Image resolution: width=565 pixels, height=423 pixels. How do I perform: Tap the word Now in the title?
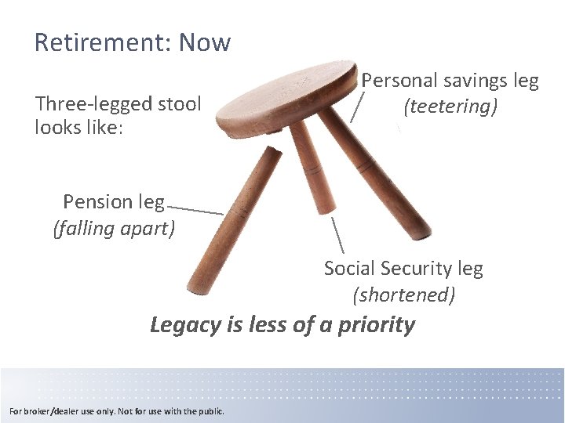(205, 42)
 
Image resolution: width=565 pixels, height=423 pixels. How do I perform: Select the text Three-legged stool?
(118, 103)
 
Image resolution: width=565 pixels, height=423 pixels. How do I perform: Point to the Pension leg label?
(114, 202)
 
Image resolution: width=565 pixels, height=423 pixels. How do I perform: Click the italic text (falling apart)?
(114, 229)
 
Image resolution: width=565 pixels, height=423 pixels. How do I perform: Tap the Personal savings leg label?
(450, 81)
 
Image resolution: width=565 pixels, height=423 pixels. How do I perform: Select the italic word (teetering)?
(450, 107)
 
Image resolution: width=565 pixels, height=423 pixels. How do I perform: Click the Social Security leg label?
(403, 269)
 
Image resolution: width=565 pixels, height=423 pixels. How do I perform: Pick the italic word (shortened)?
(403, 295)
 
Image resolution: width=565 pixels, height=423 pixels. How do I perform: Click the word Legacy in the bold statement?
(185, 324)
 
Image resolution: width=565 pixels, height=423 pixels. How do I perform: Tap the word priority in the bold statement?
(376, 324)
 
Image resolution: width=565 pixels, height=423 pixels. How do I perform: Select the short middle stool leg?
(310, 168)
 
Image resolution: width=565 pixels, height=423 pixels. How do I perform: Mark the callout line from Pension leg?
(195, 210)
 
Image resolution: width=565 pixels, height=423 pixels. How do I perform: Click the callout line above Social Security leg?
(337, 234)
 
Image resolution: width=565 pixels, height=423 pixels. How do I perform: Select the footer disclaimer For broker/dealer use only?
(116, 411)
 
